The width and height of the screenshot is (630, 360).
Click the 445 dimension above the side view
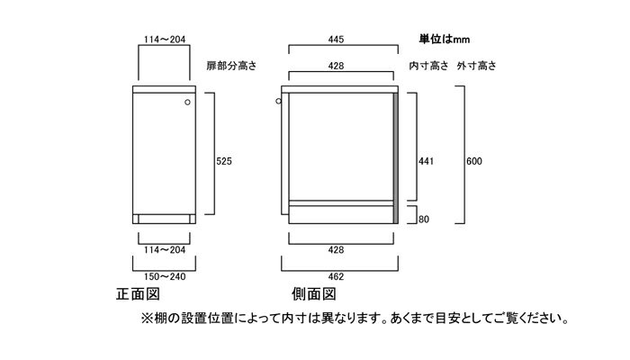[336, 40]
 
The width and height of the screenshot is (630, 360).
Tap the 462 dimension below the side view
[336, 276]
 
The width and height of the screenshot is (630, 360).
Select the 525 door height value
[224, 161]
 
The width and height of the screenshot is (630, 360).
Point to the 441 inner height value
[426, 161]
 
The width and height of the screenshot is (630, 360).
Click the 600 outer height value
[474, 161]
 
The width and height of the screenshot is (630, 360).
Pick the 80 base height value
[424, 220]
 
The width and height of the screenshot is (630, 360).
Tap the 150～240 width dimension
[165, 276]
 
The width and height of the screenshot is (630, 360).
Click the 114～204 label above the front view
[165, 40]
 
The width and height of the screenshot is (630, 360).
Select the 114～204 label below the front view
[165, 250]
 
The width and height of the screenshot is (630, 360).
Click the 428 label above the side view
[336, 66]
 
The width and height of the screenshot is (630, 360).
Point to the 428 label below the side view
[336, 250]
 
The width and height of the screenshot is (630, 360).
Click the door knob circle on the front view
[187, 103]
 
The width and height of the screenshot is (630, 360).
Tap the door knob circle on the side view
[278, 101]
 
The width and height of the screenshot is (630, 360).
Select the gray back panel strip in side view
[396, 158]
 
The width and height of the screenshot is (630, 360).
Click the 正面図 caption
[138, 294]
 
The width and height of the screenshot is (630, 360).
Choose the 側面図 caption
[314, 294]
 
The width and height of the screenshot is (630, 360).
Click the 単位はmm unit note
[445, 39]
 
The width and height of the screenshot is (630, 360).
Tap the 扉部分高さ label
[231, 66]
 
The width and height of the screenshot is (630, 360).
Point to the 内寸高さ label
[428, 66]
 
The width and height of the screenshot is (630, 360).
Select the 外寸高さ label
[476, 66]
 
